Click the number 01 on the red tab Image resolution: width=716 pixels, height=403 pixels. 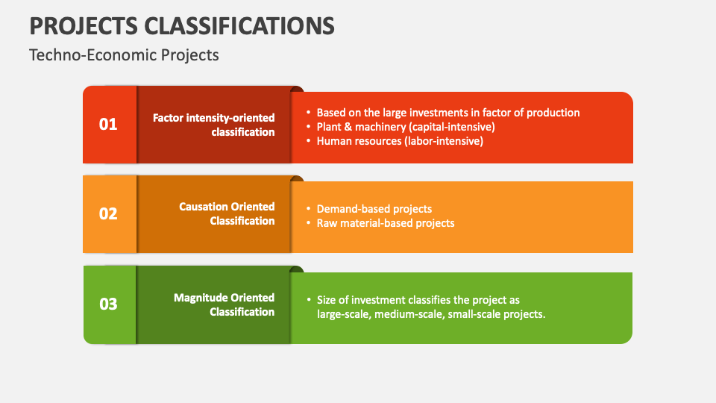tap(108, 125)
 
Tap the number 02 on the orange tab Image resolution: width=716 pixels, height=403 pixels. tap(108, 214)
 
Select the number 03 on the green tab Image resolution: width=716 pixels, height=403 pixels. tap(108, 304)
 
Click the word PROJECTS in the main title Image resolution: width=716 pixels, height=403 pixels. tap(84, 26)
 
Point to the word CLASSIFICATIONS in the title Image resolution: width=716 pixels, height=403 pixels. tap(239, 26)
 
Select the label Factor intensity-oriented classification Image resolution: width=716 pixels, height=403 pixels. tap(214, 125)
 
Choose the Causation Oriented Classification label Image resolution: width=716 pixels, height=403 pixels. tap(227, 214)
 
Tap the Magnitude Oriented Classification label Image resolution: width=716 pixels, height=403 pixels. tap(224, 304)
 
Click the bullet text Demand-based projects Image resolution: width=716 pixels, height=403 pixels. tap(374, 209)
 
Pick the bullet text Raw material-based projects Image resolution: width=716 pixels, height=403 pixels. tap(386, 223)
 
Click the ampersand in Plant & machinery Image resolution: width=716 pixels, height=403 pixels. tap(348, 127)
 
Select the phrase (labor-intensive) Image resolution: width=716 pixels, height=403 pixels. tap(443, 141)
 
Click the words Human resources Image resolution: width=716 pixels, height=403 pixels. tap(359, 141)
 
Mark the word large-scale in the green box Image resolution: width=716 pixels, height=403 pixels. tap(344, 314)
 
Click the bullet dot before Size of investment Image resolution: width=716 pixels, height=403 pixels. tap(309, 300)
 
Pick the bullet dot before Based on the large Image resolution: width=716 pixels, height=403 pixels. tap(309, 113)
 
